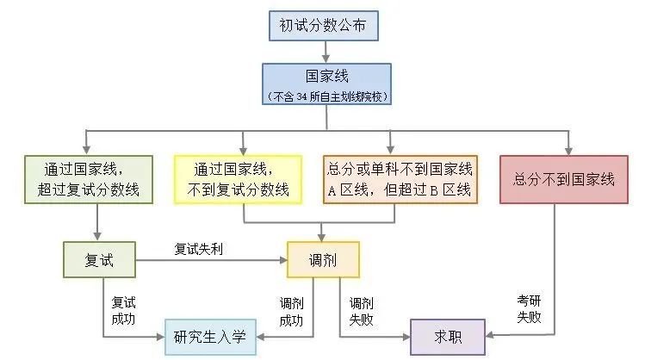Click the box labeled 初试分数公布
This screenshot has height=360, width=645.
[322, 27]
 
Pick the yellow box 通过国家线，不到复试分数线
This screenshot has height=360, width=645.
[238, 179]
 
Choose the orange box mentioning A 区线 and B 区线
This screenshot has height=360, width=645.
[399, 179]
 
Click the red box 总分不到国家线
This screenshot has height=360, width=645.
[564, 179]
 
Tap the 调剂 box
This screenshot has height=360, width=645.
[322, 258]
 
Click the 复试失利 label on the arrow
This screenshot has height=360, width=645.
[200, 249]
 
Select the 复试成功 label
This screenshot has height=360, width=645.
[122, 311]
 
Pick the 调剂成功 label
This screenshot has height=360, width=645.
[291, 311]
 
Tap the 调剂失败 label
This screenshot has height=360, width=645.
[361, 311]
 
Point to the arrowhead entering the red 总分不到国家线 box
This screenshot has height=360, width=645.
[567, 148]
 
